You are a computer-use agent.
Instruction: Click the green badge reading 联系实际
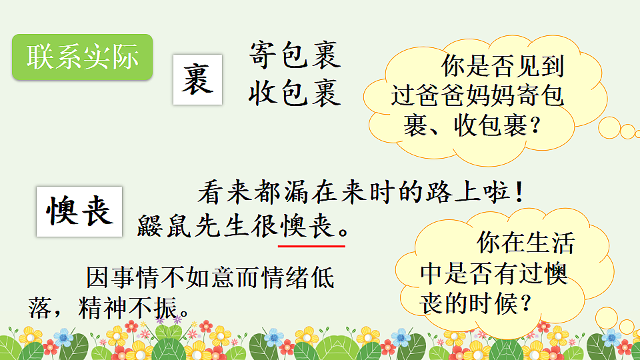coord(83,57)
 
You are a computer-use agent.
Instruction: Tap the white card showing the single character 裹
coord(197,79)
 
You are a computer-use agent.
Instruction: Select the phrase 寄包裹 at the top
coord(294,55)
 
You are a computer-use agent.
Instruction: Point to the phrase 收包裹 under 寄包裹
coord(294,94)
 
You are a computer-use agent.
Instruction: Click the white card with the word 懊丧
coord(79,212)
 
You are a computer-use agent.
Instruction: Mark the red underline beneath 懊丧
coord(311,245)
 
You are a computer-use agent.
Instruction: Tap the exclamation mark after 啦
coord(518,194)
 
